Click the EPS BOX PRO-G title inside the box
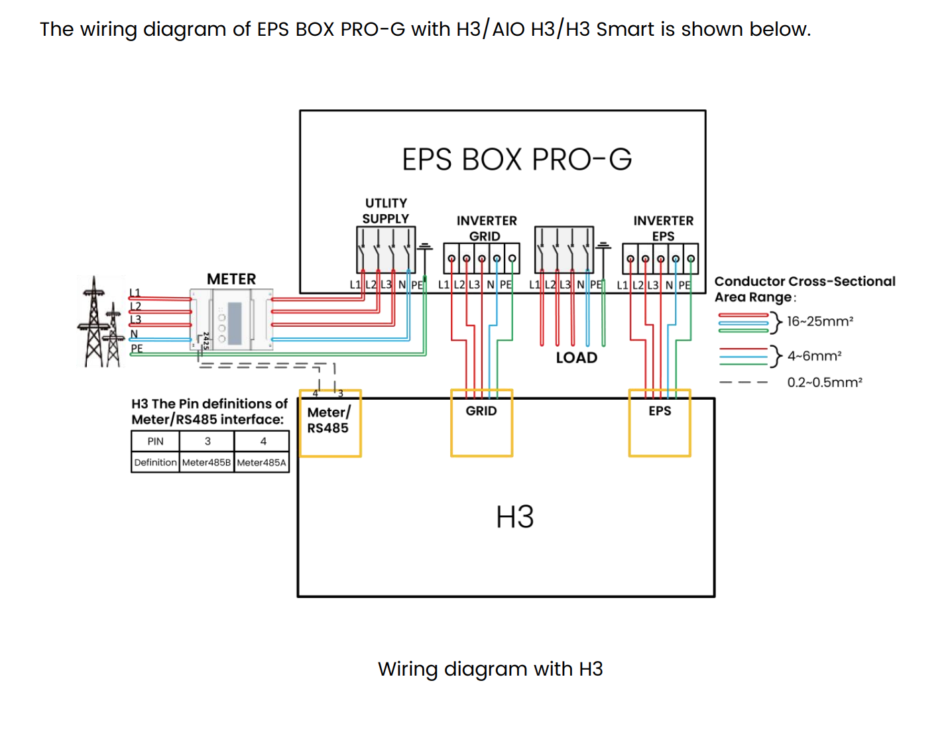click(x=516, y=160)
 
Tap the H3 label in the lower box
click(x=514, y=517)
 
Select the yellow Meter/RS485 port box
click(x=330, y=424)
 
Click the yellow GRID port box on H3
click(x=482, y=423)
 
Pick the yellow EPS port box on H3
click(x=660, y=423)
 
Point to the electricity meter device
click(x=231, y=319)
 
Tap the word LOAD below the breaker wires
click(x=576, y=358)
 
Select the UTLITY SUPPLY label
click(x=386, y=211)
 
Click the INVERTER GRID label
click(x=486, y=228)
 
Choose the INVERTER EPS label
click(x=663, y=228)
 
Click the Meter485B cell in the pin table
click(x=206, y=462)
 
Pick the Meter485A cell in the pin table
click(x=261, y=462)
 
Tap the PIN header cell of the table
click(x=155, y=442)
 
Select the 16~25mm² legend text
click(x=819, y=322)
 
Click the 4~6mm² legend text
click(x=814, y=356)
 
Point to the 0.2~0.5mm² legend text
click(x=824, y=383)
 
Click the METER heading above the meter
click(x=231, y=279)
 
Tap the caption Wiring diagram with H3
click(x=490, y=669)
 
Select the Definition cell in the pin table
click(x=155, y=462)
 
